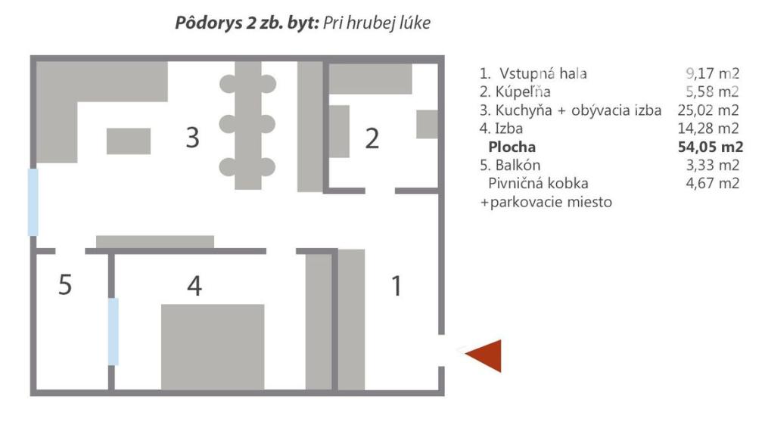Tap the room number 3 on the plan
click(193, 138)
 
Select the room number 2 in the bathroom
click(372, 139)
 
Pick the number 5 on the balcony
click(66, 286)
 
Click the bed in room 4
click(213, 346)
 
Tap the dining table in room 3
click(247, 126)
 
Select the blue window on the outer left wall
click(33, 201)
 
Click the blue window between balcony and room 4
click(114, 331)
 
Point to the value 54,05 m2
click(711, 147)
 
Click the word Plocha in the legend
click(512, 147)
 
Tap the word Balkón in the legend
click(518, 165)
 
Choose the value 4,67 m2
click(711, 183)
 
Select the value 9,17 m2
click(711, 74)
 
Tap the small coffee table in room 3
click(129, 141)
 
